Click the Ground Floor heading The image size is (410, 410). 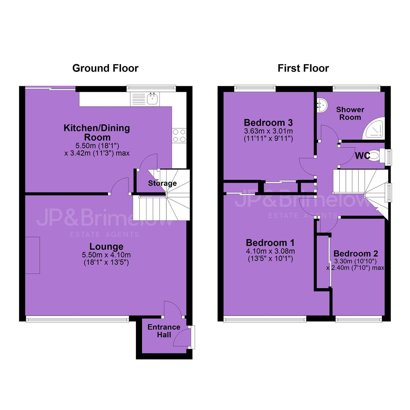106,68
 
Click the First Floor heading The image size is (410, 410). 303,68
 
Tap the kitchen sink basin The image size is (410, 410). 152,99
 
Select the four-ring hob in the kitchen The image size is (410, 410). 179,136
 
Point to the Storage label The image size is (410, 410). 162,183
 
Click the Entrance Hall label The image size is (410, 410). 164,331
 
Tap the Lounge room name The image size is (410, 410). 106,246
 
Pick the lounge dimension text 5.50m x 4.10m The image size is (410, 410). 106,255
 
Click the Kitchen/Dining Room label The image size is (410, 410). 97,132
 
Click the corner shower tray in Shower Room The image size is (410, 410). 374,128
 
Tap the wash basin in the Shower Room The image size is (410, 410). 322,105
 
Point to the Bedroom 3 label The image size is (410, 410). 268,122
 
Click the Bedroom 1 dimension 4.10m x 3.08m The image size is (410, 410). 270,251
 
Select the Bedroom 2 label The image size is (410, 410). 356,253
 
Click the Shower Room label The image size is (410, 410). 350,113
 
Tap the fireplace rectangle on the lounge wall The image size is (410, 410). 33,255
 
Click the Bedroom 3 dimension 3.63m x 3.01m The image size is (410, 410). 268,131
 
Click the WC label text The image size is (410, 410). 363,156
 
